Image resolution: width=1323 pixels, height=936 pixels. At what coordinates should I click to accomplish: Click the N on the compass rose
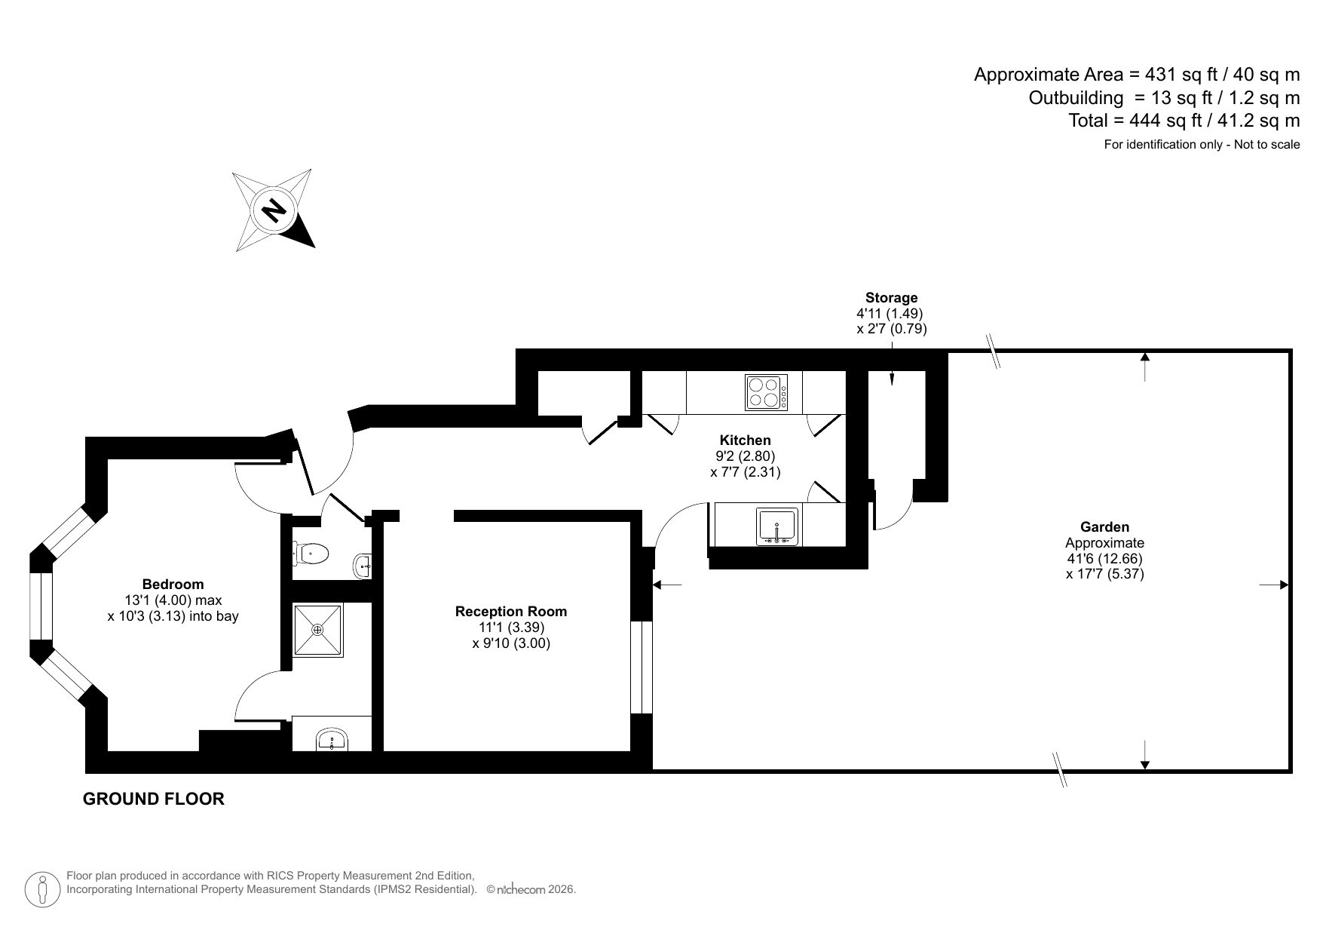click(273, 209)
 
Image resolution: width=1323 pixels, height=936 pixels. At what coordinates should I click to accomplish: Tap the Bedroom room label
click(173, 585)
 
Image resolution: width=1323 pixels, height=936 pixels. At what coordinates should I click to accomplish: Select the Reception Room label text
click(510, 612)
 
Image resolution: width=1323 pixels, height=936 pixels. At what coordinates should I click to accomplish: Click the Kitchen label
click(745, 440)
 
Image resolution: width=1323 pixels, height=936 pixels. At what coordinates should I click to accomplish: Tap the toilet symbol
click(311, 554)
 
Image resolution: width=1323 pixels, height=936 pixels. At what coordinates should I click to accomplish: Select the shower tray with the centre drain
click(317, 630)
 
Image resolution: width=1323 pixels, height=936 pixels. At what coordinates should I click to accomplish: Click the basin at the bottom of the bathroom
click(332, 738)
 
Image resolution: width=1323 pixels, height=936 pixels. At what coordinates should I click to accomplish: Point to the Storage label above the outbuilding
click(891, 298)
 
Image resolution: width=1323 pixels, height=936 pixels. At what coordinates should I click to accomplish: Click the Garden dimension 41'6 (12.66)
click(1104, 559)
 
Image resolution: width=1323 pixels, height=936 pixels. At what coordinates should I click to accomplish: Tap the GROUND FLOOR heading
click(153, 799)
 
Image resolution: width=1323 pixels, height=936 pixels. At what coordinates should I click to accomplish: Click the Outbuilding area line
click(1164, 98)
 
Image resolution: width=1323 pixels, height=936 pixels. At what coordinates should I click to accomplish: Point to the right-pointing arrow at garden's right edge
click(1274, 585)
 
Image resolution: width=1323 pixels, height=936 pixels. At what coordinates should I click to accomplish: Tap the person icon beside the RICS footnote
click(43, 890)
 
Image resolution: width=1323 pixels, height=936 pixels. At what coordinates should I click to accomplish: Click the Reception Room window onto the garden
click(641, 667)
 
